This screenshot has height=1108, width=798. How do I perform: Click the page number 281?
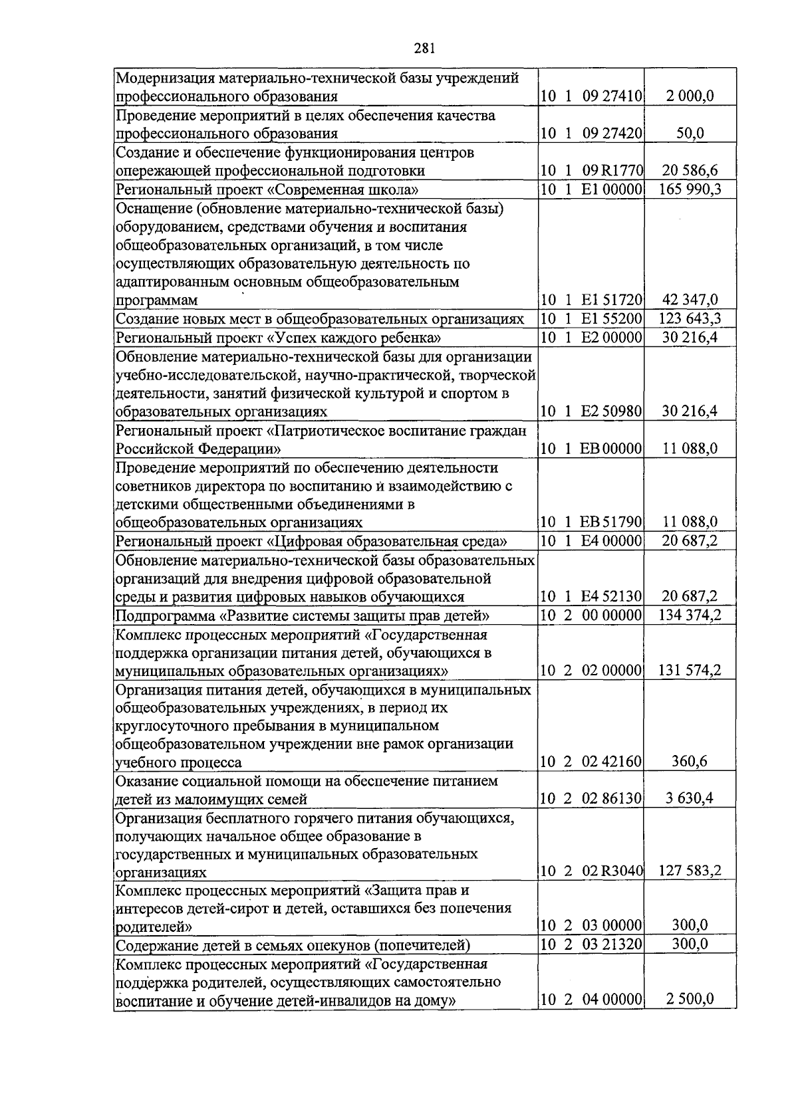(x=424, y=47)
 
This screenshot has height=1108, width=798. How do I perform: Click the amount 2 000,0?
(x=690, y=96)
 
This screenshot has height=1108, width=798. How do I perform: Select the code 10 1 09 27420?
(x=591, y=133)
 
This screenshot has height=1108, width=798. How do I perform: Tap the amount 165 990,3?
(x=690, y=189)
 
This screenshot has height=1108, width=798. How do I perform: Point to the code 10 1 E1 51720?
(x=591, y=300)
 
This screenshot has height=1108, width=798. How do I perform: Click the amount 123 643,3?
(x=690, y=319)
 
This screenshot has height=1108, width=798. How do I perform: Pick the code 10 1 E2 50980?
(x=591, y=411)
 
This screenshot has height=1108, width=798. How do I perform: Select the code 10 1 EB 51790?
(x=591, y=522)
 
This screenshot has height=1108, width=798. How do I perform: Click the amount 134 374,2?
(x=690, y=615)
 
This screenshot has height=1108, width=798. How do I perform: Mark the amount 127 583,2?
(x=690, y=871)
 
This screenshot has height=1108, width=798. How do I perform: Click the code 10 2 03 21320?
(x=591, y=944)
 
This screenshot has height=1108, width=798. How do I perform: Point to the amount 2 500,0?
(x=690, y=1000)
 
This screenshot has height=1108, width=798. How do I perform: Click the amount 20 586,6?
(x=690, y=171)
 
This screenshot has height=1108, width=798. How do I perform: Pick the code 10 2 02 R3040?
(x=591, y=871)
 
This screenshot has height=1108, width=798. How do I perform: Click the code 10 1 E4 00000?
(x=591, y=540)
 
